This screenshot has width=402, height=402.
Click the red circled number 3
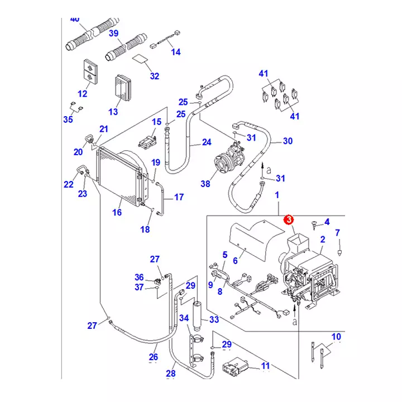[289, 220]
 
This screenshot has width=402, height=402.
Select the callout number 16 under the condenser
[117, 212]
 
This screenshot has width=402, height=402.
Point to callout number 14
[176, 52]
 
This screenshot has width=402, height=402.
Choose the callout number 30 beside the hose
[288, 141]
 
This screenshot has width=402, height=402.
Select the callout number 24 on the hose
[207, 142]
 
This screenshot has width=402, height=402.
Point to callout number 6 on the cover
[235, 260]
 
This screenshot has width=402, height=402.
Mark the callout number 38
[205, 184]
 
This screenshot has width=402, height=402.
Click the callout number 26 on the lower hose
[153, 356]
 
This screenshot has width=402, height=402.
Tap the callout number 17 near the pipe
[179, 197]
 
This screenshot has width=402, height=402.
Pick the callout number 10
[336, 336]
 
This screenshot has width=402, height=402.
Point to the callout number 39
[114, 33]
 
